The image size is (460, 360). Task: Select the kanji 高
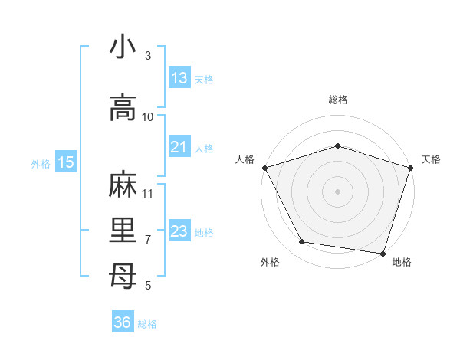[x=123, y=107]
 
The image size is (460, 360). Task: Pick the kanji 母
[x=123, y=273]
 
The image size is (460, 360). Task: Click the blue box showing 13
[x=179, y=78]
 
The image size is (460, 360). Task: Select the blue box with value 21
[x=179, y=147]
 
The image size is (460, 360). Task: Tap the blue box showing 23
[x=179, y=231]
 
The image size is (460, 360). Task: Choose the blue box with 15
[x=66, y=162]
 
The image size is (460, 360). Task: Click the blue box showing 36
[x=123, y=322]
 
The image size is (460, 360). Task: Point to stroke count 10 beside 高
[x=148, y=117]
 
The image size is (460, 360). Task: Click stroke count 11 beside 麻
[x=148, y=193]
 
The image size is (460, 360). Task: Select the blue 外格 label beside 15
[x=41, y=163]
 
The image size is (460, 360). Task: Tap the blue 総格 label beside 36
[x=147, y=324]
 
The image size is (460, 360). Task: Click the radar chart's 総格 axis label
[x=338, y=100]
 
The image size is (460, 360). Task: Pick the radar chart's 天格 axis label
[x=431, y=159]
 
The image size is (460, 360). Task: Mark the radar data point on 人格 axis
[x=264, y=168]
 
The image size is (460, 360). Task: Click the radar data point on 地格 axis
[x=383, y=253]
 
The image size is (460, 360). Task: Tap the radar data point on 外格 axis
[x=302, y=242]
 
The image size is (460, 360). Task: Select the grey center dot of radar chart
[x=338, y=191]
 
